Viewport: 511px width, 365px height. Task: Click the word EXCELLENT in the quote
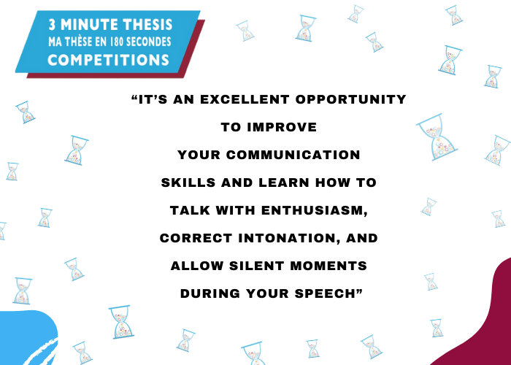[245, 99]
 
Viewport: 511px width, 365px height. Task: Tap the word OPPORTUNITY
[351, 99]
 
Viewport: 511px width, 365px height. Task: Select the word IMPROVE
[283, 127]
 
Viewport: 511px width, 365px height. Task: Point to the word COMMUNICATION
[293, 155]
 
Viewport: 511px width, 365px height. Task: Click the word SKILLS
[188, 182]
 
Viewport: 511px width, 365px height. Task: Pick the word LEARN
[284, 182]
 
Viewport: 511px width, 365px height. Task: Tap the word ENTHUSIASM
[315, 210]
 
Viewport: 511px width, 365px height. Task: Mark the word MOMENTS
[328, 266]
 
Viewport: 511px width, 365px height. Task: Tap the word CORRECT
[196, 238]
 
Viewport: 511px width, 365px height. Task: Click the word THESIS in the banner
[147, 25]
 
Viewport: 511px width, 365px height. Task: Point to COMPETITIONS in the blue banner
[109, 60]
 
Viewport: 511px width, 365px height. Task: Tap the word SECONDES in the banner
[148, 42]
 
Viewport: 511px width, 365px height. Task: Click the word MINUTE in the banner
[89, 25]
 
